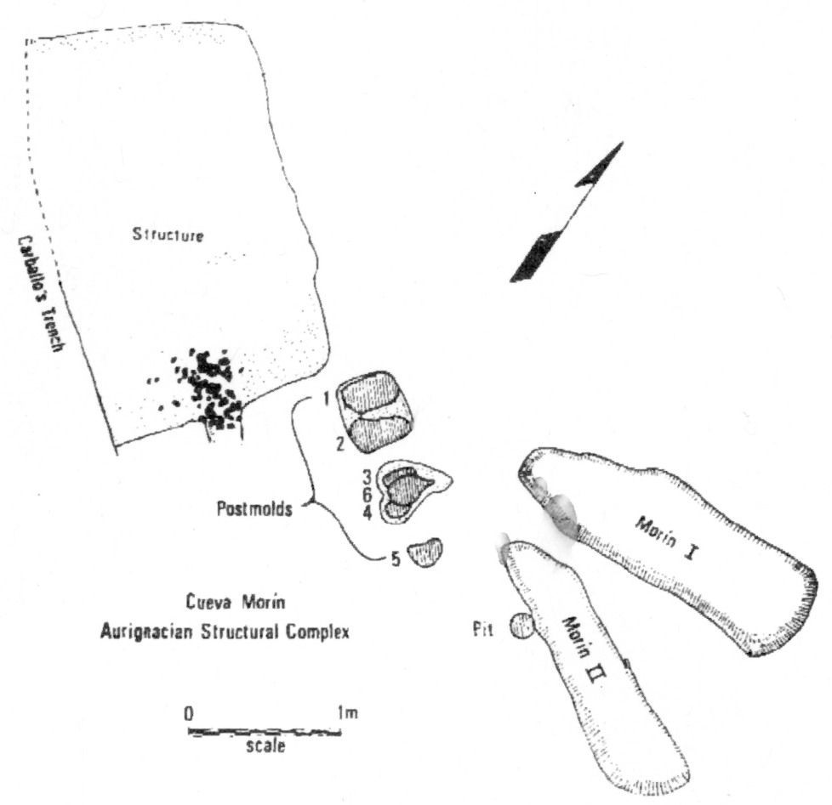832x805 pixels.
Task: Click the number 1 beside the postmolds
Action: (326, 396)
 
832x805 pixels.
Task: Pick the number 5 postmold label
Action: (395, 558)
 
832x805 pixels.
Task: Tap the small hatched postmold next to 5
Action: (425, 553)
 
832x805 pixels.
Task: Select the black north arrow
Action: (566, 213)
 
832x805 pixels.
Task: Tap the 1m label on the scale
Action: (346, 714)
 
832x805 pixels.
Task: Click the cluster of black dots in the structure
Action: (207, 387)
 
